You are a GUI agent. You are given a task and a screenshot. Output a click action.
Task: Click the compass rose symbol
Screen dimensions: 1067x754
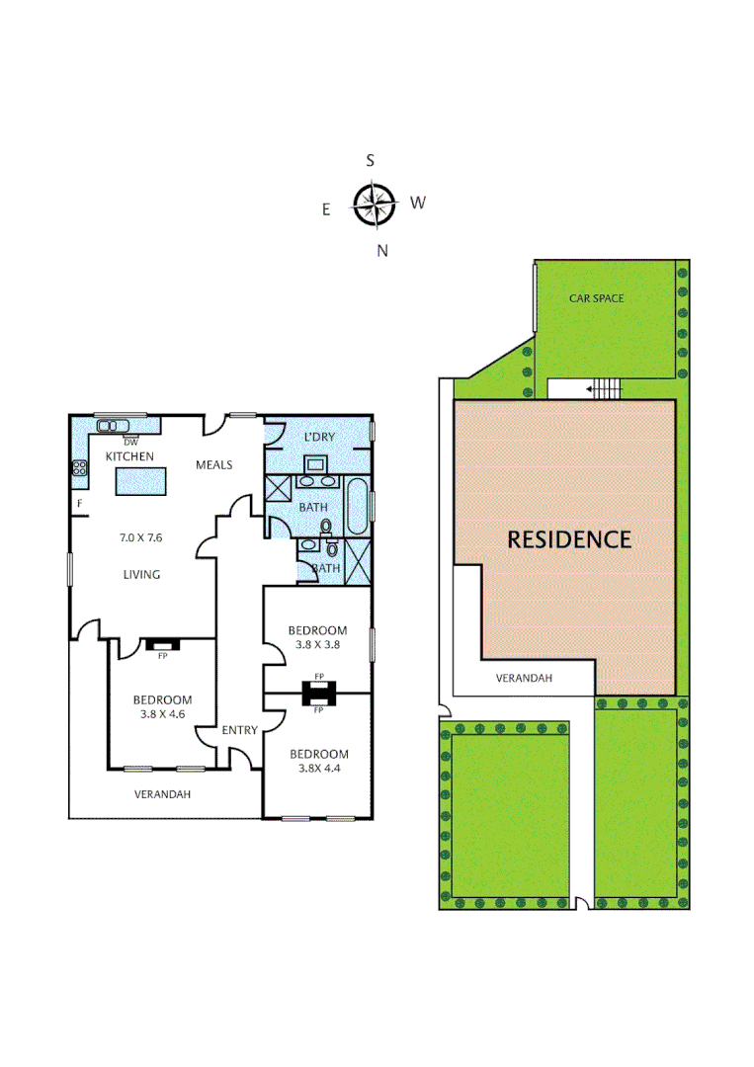[x=375, y=205]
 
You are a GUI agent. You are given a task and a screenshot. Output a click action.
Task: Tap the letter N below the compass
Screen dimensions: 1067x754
[x=382, y=251]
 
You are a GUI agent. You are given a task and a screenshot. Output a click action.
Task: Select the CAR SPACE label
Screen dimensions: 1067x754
[x=596, y=297]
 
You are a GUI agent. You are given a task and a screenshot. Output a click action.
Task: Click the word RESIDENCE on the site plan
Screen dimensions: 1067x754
[x=568, y=539]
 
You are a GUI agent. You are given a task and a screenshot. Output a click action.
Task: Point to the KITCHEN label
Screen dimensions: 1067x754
[x=130, y=456]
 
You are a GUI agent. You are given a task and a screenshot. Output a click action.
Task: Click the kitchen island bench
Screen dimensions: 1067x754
[x=141, y=481]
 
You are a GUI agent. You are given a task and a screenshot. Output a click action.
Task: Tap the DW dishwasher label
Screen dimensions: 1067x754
[x=129, y=441]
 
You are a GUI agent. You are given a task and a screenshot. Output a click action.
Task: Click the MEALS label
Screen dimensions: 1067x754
[x=213, y=464]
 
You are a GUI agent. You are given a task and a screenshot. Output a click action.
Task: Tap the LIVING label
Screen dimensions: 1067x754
[x=141, y=574]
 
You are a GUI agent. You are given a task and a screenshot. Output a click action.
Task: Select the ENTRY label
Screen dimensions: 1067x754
[x=239, y=730]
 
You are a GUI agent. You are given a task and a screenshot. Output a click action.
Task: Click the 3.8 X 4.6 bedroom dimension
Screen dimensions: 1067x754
[x=161, y=715]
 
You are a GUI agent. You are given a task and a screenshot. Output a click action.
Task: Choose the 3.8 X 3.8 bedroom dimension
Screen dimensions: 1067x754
[x=317, y=646]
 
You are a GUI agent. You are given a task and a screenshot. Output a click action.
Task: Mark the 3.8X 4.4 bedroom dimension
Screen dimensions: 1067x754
[x=318, y=770]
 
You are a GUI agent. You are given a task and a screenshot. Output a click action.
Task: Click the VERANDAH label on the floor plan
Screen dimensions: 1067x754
[x=162, y=793]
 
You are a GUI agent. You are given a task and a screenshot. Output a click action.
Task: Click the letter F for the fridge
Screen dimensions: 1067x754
[x=79, y=504]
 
